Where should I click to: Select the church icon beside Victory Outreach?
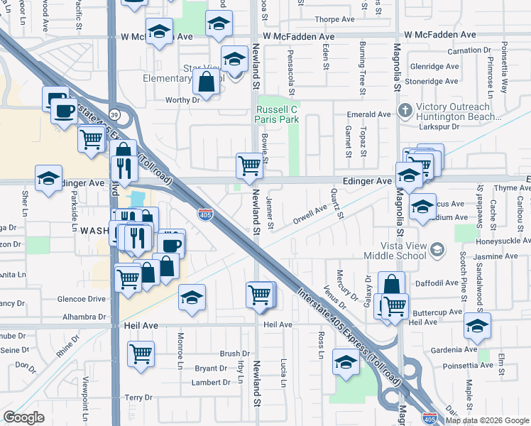point(405,111)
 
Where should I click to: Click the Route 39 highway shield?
point(114,114)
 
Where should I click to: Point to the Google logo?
point(23,417)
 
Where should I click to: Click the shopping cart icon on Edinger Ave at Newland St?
point(249,165)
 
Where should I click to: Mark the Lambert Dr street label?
point(211,382)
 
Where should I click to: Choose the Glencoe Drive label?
point(82,299)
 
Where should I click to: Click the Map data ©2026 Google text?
point(487,420)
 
